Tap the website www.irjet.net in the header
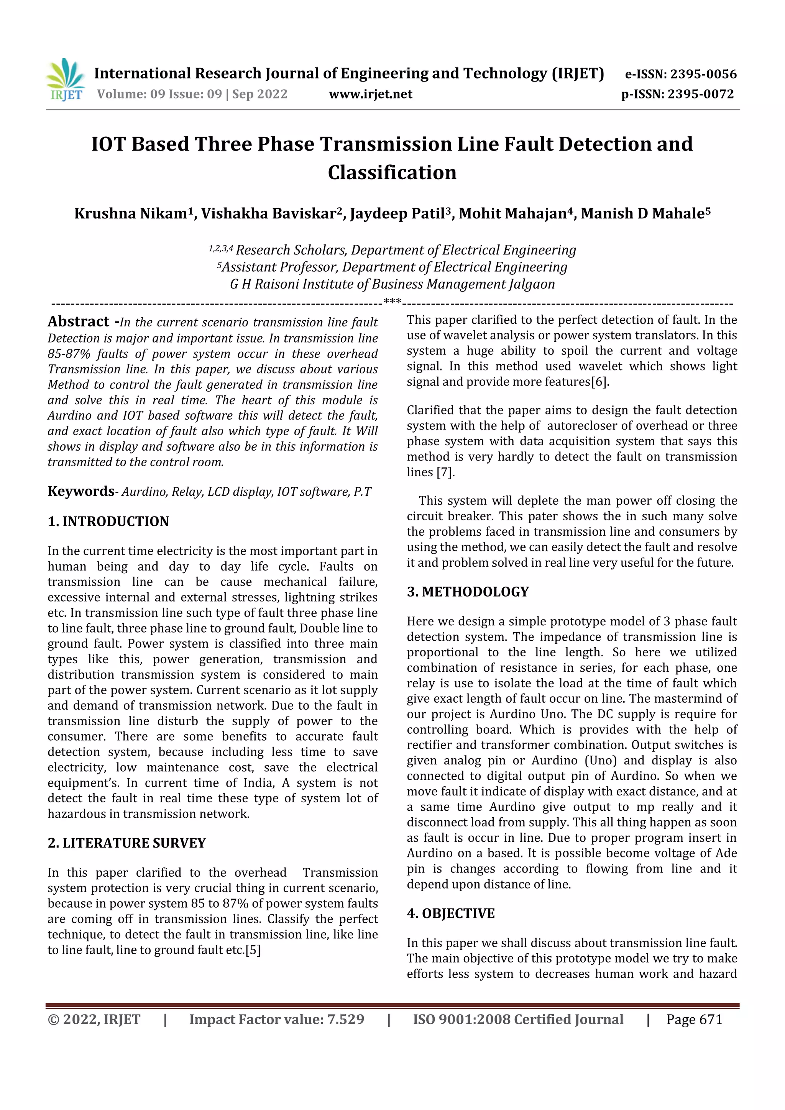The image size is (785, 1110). [x=371, y=94]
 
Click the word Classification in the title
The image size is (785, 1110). [x=392, y=172]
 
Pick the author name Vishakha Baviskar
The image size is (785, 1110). [x=268, y=214]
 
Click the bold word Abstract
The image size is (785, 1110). [x=78, y=321]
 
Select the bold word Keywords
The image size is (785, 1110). [x=80, y=491]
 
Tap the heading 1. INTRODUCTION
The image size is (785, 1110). [x=108, y=521]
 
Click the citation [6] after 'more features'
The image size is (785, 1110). [x=600, y=382]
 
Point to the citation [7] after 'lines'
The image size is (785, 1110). [x=445, y=472]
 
